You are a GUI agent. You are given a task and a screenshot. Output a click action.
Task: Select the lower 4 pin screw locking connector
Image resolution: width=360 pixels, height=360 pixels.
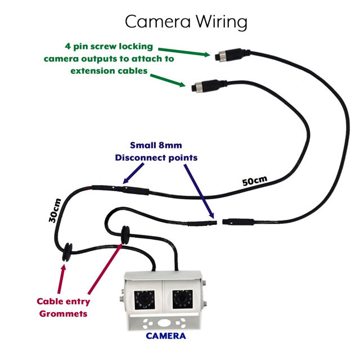point(200,87)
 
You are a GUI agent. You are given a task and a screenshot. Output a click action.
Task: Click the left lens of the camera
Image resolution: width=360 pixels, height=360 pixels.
point(144,298)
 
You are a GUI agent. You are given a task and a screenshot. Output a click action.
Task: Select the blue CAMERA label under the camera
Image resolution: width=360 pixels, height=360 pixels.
point(165,336)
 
